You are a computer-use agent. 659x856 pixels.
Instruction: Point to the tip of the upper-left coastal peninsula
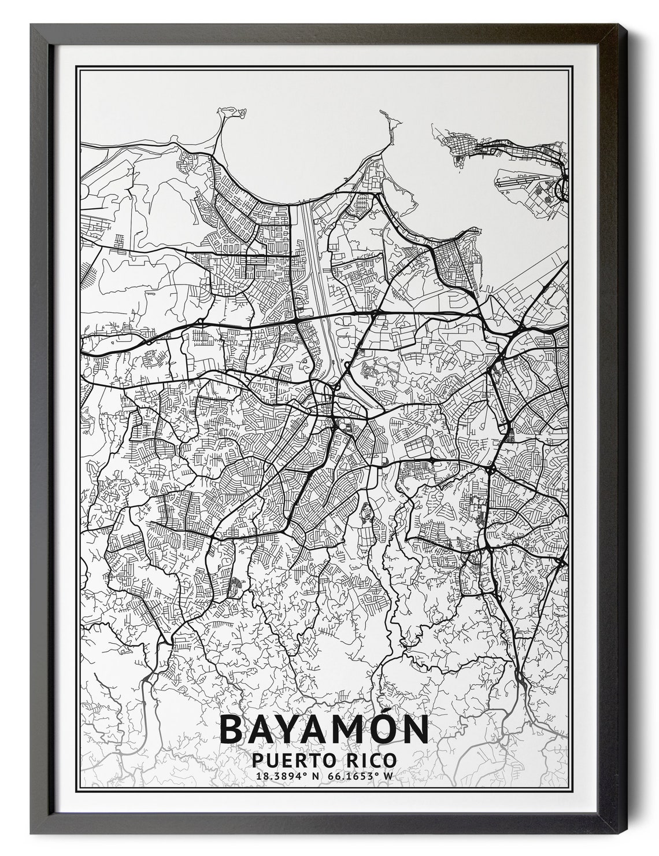tap(228, 108)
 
